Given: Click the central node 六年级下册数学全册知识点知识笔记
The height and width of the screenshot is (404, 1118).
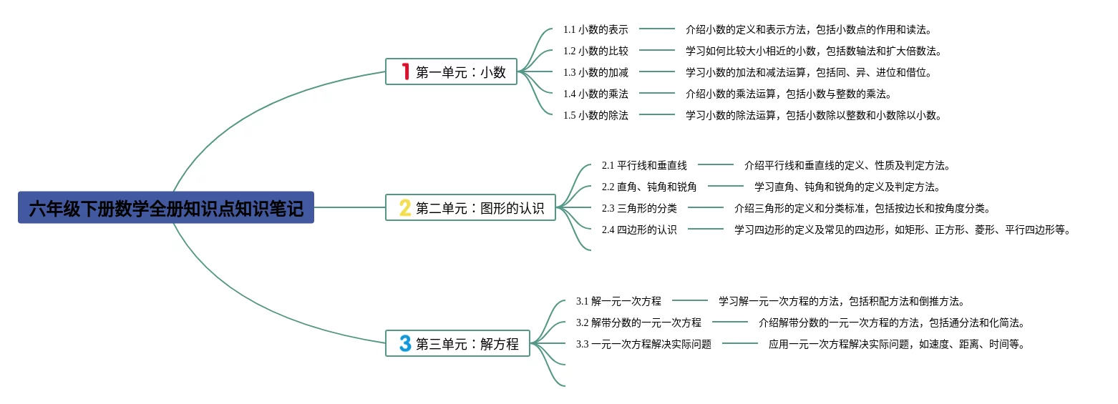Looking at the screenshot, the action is (166, 207).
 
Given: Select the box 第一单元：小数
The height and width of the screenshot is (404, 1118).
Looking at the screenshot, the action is (451, 72).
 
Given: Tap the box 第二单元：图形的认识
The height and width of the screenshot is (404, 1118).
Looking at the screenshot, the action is (470, 207).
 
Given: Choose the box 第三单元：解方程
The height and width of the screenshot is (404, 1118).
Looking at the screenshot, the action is (457, 343).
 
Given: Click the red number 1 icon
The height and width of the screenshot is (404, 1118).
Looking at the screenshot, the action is (405, 72).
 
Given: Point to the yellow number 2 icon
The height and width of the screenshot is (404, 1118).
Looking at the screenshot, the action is (405, 207).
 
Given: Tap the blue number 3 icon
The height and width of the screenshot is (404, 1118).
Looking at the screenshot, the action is (405, 343).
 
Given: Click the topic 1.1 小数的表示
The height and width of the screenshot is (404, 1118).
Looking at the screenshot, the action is (596, 29).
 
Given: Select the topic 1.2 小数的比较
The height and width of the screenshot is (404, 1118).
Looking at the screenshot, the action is (596, 51).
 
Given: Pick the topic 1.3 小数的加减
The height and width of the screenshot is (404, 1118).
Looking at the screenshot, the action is (596, 72).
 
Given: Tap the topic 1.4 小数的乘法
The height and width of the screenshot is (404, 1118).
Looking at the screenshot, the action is (596, 94).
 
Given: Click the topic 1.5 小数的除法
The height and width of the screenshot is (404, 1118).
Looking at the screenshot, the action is (596, 115).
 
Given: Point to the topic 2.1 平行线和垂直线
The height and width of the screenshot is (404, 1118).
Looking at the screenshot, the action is (644, 165).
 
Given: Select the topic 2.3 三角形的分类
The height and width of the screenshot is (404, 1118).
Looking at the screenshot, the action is (639, 208).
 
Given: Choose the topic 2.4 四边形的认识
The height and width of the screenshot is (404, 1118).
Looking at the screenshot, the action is (639, 230).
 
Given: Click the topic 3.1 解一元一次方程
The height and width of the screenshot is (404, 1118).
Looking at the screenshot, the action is (618, 301).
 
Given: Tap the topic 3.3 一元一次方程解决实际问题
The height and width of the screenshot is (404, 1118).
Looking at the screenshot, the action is (643, 344).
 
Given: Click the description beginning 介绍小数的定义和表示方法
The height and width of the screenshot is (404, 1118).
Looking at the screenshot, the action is (809, 29).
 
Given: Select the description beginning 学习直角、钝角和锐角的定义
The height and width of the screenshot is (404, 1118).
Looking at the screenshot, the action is (847, 187).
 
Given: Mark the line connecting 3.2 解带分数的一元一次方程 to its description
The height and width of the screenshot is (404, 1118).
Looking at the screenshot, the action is (729, 322).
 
